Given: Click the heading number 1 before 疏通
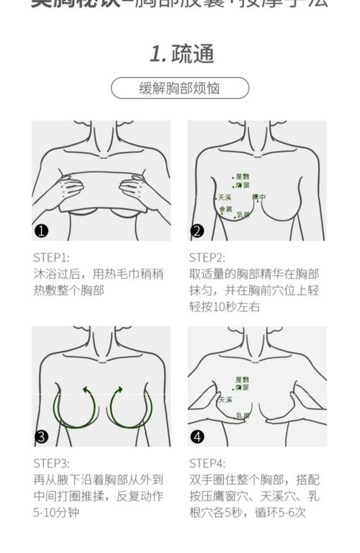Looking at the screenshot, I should point(157,53).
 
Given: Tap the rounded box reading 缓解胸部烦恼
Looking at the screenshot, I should point(179,88).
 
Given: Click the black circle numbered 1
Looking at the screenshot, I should point(42,231).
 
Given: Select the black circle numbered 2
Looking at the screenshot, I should point(197,231).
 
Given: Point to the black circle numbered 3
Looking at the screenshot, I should point(42,436).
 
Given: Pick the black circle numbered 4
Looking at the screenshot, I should point(197,436).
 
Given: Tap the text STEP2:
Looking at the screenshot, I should point(207,257).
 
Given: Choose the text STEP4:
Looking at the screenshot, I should point(207,463).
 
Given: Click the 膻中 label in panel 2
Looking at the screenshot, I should point(258,197).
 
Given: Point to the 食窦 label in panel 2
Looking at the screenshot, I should point(226,210).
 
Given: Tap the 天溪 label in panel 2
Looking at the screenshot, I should point(224,197).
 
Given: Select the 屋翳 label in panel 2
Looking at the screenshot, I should point(241,176).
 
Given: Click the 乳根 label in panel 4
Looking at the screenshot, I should point(243,415).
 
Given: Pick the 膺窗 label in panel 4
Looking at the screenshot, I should point(242,388).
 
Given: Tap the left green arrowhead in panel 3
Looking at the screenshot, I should point(88,390).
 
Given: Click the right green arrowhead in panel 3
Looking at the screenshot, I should point(117,390).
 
